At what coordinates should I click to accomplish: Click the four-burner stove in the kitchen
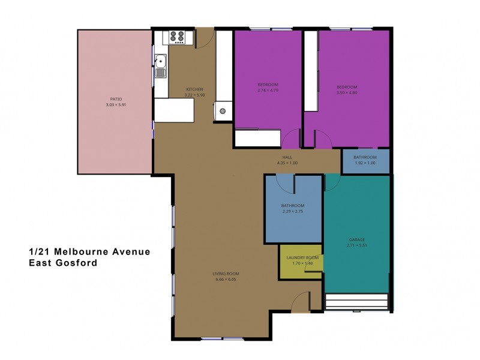[x=178, y=37]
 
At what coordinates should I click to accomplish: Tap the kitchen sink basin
[x=161, y=61]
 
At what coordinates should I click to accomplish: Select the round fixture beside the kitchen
[x=223, y=111]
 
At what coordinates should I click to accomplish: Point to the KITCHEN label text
[x=195, y=89]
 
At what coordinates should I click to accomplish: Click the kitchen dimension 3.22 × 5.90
[x=195, y=95]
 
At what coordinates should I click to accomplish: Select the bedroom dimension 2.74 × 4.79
[x=268, y=90]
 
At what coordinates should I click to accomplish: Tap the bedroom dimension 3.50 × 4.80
[x=347, y=93]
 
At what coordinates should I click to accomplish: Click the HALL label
[x=287, y=157]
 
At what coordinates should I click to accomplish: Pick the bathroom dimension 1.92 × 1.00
[x=365, y=163]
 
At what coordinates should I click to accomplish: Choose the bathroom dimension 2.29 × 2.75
[x=293, y=212]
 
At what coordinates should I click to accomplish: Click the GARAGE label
[x=357, y=239]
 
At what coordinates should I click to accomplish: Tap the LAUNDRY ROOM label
[x=301, y=257]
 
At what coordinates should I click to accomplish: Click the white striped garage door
[x=356, y=302]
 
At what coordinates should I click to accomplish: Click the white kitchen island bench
[x=174, y=110]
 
